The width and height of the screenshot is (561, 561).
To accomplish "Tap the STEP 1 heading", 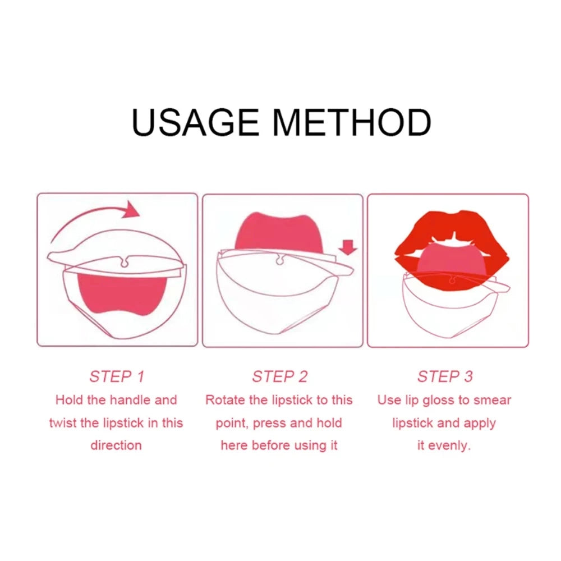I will (x=117, y=376).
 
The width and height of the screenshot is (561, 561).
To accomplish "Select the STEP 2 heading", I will (x=279, y=376).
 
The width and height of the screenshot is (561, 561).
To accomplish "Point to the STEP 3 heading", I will (x=444, y=376).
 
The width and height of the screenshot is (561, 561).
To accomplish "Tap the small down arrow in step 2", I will (x=349, y=246).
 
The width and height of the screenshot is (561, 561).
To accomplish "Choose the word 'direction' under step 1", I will (x=116, y=445).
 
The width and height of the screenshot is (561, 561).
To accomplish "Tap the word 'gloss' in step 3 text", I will (x=439, y=400).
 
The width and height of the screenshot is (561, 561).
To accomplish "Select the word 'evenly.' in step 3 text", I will (x=449, y=446).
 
